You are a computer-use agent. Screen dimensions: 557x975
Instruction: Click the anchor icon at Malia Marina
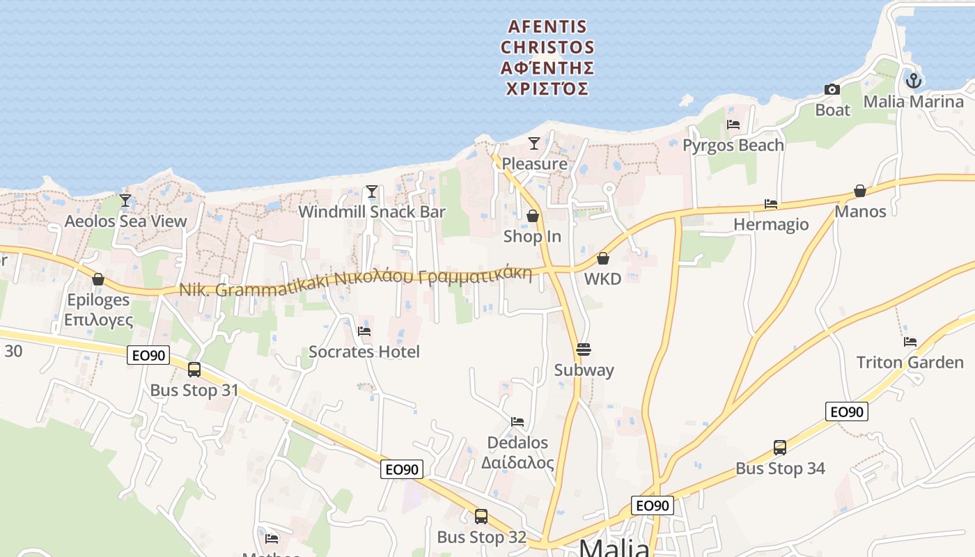tap(913, 81)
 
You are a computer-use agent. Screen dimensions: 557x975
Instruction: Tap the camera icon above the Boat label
tap(832, 89)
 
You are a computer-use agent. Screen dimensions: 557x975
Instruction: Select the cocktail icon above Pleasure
tap(534, 143)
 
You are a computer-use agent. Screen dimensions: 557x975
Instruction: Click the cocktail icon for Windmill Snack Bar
tap(372, 191)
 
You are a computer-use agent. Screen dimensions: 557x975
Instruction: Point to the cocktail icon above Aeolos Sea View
tap(125, 201)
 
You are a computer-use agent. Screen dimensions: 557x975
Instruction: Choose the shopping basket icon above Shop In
tap(533, 216)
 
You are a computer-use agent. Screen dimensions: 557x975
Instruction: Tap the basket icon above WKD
tap(603, 258)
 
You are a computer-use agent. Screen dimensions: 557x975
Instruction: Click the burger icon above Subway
tap(584, 349)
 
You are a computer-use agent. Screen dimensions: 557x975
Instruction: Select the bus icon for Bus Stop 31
tap(194, 370)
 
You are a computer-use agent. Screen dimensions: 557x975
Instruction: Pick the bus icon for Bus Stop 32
tap(481, 517)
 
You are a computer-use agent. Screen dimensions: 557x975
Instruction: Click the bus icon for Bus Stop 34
tap(780, 448)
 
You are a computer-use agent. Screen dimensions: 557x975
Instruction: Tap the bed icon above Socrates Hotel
tap(364, 331)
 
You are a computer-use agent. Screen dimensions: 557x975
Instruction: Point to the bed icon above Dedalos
tap(517, 421)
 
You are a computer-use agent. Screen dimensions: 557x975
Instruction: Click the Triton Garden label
tap(910, 362)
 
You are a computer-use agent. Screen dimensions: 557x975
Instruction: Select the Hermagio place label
tap(771, 224)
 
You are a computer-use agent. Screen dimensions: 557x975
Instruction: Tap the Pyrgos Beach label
tap(733, 145)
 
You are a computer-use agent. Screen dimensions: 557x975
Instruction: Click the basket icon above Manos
tap(860, 191)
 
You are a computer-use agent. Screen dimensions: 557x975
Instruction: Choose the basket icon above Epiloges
tap(98, 279)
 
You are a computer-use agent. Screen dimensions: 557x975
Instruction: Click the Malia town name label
tap(614, 547)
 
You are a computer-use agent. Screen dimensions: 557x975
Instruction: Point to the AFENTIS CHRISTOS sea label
tap(547, 58)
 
